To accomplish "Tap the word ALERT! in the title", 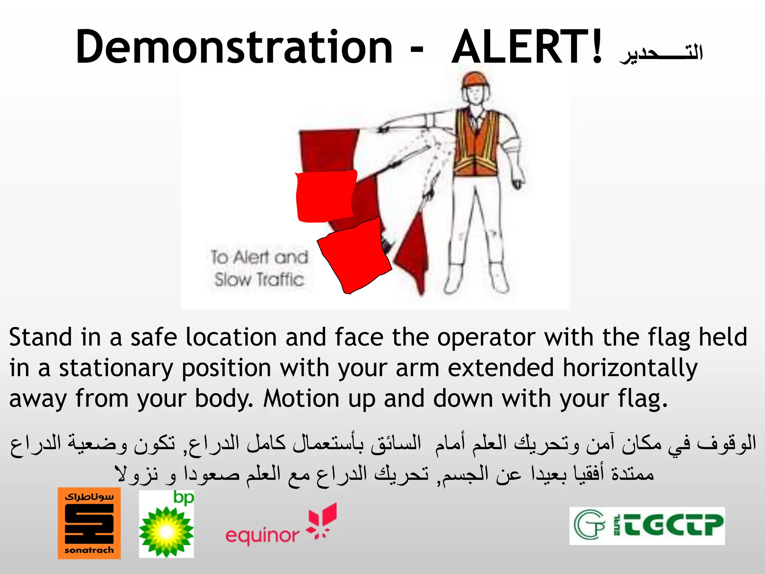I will coord(527,47).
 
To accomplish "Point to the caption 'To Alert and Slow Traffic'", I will coord(259,268).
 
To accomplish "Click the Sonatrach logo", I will coord(89,523).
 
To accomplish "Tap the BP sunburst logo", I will coord(167,524).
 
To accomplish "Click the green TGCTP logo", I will coord(647,526).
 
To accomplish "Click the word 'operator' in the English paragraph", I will coord(486,337).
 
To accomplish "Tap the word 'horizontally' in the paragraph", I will coord(630,368).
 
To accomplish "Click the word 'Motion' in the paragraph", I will coord(301,399).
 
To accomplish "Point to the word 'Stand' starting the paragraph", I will coord(40,337).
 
